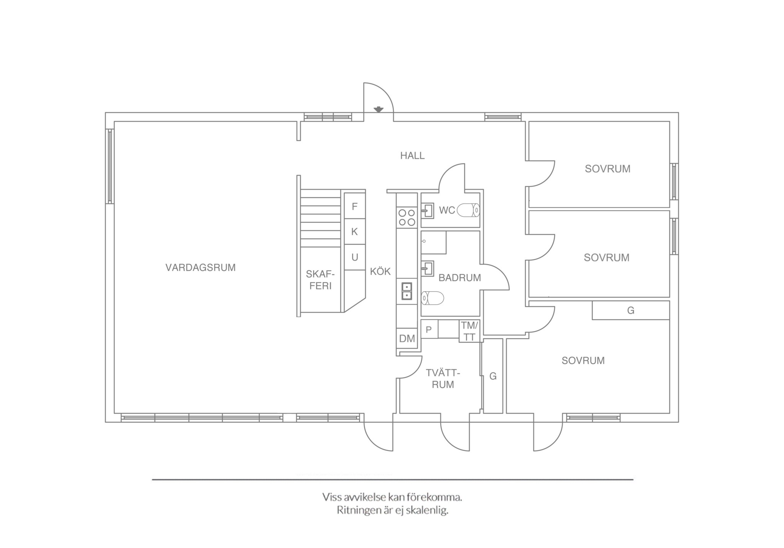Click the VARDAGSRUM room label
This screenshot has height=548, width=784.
tap(200, 267)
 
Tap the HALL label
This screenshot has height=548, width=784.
tap(412, 156)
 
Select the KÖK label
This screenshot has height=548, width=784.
tap(380, 271)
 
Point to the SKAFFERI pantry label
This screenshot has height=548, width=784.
tap(320, 280)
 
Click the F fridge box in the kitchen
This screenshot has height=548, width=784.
tap(354, 206)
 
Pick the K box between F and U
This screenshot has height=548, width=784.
tap(354, 231)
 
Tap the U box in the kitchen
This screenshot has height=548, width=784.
tap(354, 257)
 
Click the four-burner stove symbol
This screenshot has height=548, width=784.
tap(407, 217)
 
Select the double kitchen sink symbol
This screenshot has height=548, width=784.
tap(407, 291)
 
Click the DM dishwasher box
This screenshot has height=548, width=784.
tap(407, 338)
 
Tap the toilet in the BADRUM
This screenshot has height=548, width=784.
tap(432, 298)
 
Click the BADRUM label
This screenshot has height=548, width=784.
tap(459, 278)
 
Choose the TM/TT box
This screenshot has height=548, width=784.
tap(469, 331)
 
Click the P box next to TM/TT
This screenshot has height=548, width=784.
tap(429, 329)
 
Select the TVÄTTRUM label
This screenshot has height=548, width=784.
tap(443, 378)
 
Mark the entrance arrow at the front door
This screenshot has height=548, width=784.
tap(379, 109)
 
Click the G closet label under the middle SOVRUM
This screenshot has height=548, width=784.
tap(630, 310)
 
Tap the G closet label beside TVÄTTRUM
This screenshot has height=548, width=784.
tap(493, 376)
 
